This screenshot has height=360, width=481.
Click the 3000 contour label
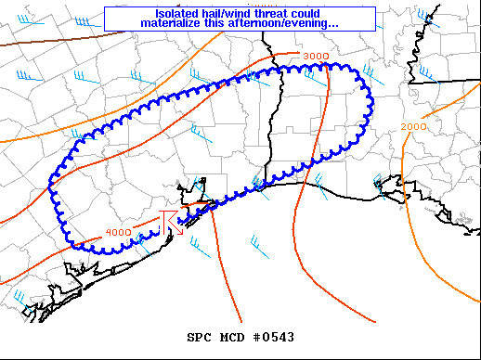(316, 58)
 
